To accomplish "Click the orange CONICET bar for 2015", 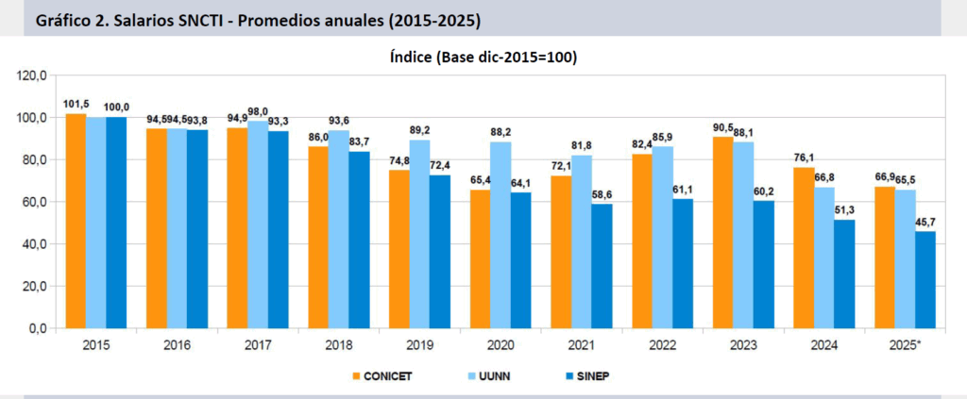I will click(x=76, y=221).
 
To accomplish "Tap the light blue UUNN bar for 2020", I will click(x=500, y=235).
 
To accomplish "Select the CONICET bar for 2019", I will click(x=399, y=249).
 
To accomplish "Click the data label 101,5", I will click(x=76, y=104).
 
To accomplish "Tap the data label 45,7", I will click(x=926, y=222).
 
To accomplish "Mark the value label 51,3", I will click(x=843, y=210).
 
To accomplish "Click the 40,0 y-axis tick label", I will click(x=35, y=243).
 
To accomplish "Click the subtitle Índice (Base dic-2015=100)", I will click(x=483, y=57).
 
